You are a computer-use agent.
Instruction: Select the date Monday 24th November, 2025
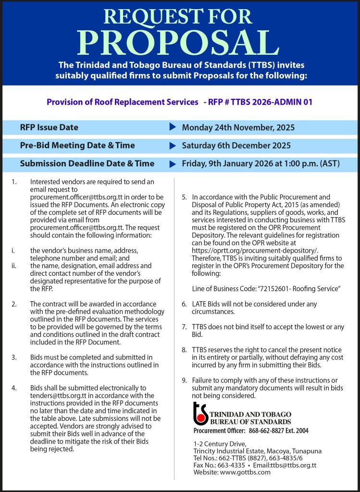coord(238,127)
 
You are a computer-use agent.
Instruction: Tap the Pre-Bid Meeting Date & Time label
coord(77,145)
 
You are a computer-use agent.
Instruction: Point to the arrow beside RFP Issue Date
coord(173,127)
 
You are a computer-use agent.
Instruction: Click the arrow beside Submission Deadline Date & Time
coord(173,163)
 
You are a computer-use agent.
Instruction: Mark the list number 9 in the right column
coord(184,381)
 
